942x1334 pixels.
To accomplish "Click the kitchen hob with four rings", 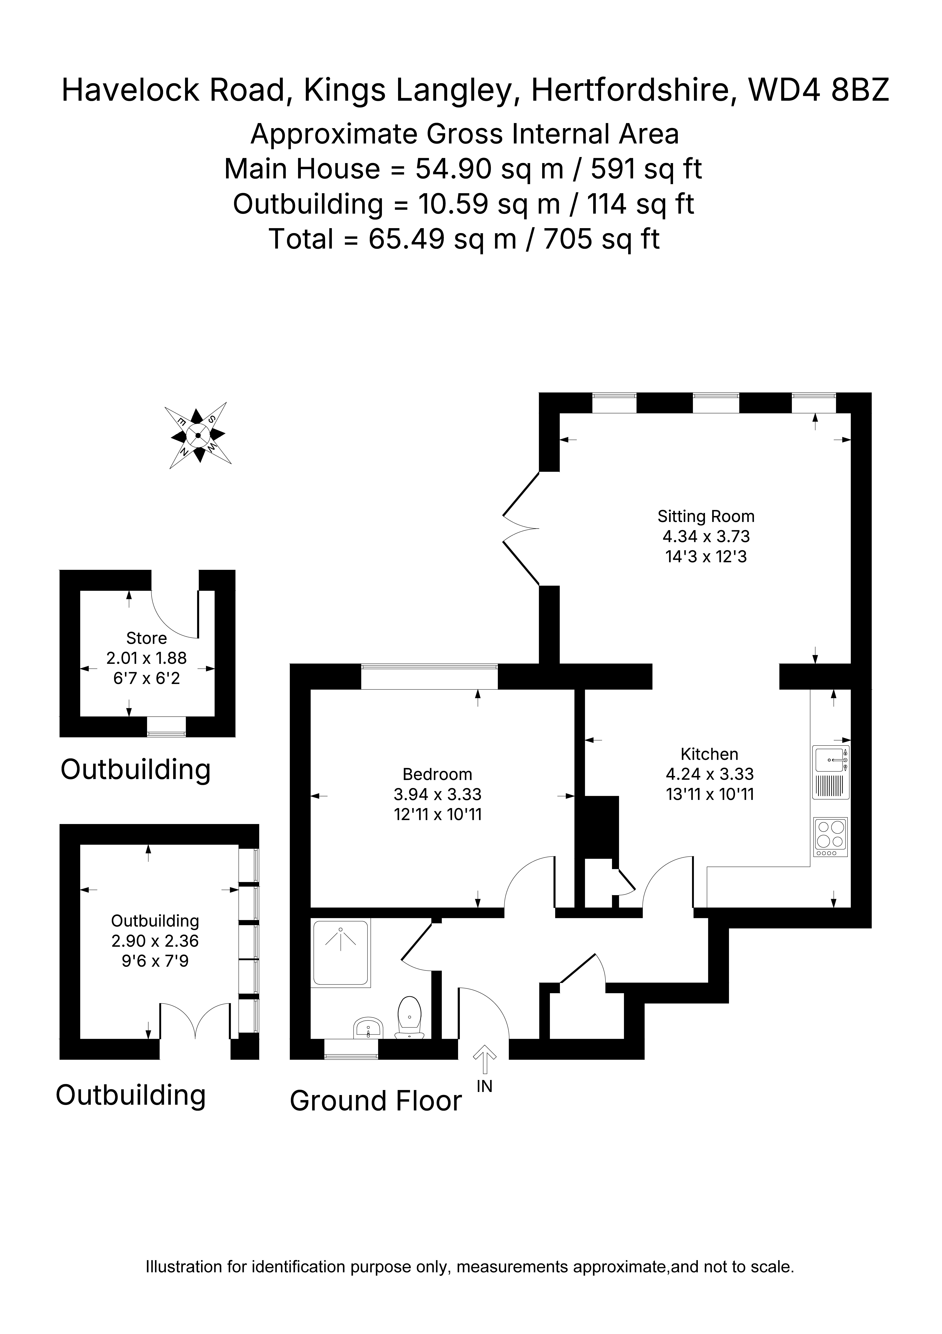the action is pos(830,837).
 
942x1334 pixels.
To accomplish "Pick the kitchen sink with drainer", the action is pos(830,772).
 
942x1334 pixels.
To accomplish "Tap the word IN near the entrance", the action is pos(484,1086).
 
